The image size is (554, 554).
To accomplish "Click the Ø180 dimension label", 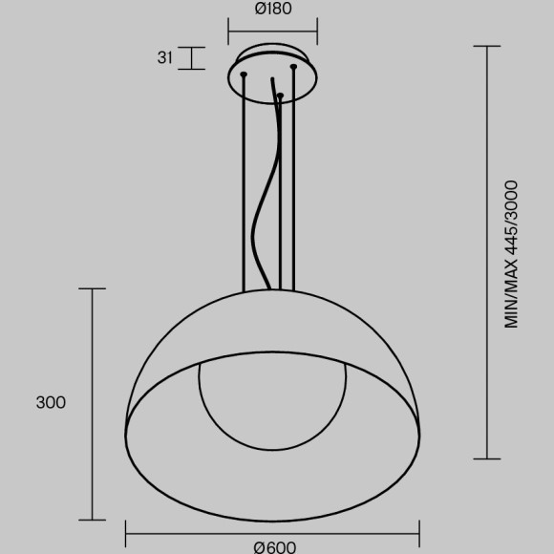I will tap(273, 10).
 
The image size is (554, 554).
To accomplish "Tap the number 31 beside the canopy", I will tap(164, 57).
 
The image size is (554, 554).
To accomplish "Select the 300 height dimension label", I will tap(51, 403).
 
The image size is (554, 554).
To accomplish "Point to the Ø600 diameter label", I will tap(274, 547).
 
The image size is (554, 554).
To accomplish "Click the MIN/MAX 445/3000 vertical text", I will tap(512, 254).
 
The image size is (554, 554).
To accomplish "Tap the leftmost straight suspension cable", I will tap(245, 181).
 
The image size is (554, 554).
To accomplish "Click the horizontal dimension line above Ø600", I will tap(272, 533).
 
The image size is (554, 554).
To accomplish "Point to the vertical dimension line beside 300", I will tap(92, 403).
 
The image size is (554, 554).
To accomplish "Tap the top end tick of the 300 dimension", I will tap(92, 288).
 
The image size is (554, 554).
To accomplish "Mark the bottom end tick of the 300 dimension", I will tap(92, 520).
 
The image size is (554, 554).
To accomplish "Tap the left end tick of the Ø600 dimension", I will tap(126, 533).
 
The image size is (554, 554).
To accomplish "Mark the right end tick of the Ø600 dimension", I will tap(419, 533).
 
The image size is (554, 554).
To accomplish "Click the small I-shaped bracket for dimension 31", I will tap(192, 57).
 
